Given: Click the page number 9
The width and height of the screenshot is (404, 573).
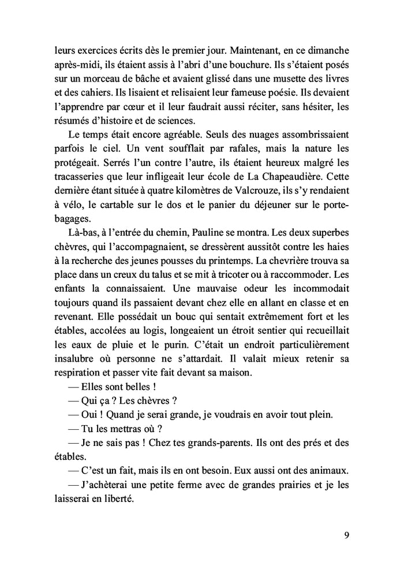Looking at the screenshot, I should [346, 535].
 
